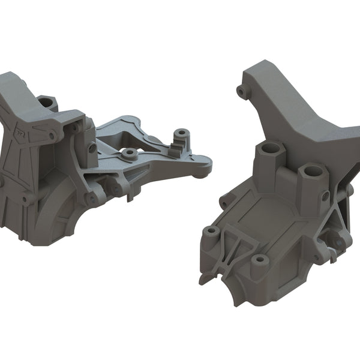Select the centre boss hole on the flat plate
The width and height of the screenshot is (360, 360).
[x=129, y=154]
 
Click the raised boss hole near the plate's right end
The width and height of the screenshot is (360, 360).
[x=179, y=133]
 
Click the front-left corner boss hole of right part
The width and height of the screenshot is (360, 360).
[x=211, y=231]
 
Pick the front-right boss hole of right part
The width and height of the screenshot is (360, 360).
[x=259, y=260]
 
